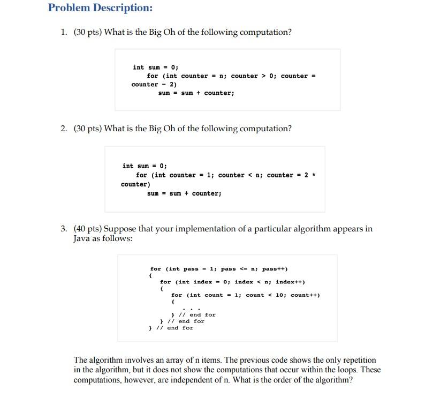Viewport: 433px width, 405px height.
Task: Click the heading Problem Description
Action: point(100,8)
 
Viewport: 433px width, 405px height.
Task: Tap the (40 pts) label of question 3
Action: point(89,229)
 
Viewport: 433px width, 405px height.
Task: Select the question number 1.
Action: point(63,32)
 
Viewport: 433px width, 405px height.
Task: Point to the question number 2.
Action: point(63,129)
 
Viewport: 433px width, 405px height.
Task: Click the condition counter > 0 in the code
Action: point(252,76)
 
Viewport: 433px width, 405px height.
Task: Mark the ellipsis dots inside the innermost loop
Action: point(191,309)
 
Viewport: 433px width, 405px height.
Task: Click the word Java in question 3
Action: point(83,238)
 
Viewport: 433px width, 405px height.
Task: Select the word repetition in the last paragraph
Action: point(357,360)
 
